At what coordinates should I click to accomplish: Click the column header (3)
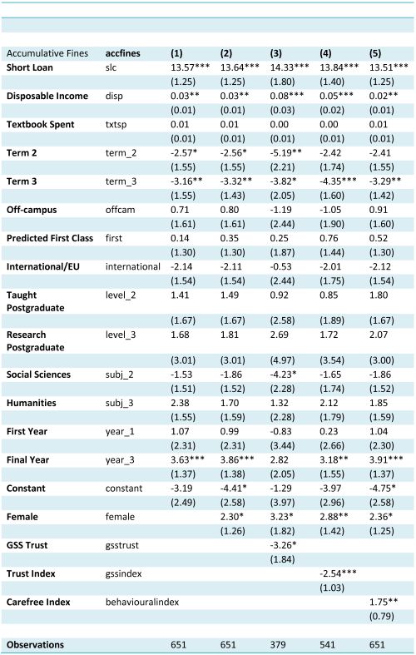click(275, 53)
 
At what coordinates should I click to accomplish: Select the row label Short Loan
click(30, 67)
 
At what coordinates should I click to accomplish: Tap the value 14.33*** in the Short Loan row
click(290, 67)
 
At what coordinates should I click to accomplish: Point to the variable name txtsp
click(116, 125)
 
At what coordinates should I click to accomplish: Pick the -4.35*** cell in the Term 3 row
click(339, 181)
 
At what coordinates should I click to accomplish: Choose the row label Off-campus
click(32, 210)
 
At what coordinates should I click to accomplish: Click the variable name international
click(133, 266)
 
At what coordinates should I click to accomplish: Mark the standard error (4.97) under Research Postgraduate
click(282, 360)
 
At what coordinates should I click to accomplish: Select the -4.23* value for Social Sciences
click(283, 375)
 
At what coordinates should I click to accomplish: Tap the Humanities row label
click(32, 403)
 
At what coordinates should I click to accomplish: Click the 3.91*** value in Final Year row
click(386, 459)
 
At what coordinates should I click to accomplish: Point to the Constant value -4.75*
click(382, 488)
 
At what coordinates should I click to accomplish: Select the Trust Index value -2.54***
click(339, 573)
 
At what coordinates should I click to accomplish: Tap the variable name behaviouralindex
click(142, 602)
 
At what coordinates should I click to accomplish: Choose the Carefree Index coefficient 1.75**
click(384, 602)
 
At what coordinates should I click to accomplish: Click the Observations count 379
click(278, 644)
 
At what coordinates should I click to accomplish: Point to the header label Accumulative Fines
click(47, 53)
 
